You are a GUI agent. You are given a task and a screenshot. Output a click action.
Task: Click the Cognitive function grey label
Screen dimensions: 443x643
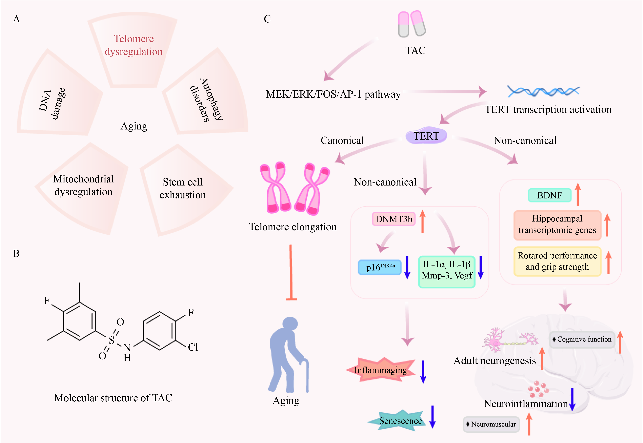(x=582, y=339)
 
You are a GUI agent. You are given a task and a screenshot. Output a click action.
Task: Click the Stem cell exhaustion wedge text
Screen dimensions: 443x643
(x=183, y=189)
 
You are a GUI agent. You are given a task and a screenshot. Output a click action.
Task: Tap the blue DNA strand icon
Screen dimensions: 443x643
(x=543, y=91)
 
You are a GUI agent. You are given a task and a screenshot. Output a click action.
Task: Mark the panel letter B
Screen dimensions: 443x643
(x=16, y=253)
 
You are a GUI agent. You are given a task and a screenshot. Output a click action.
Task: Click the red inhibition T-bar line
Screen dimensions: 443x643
(x=291, y=272)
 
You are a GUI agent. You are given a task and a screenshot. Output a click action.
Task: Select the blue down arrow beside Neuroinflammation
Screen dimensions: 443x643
(x=572, y=400)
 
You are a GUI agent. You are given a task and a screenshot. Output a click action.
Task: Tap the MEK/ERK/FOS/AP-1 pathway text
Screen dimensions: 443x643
(x=333, y=94)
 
